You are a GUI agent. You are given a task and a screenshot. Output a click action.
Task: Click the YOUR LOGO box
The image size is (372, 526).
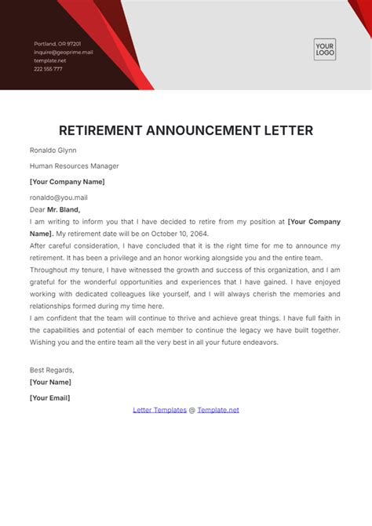[x=324, y=50]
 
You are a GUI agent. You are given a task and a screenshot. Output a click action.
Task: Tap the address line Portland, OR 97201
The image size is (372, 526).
[x=57, y=43]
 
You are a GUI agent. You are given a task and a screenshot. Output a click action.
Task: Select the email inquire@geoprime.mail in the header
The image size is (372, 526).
[x=64, y=52]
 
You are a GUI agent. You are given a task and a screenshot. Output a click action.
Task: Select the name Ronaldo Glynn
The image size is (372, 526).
[x=53, y=150]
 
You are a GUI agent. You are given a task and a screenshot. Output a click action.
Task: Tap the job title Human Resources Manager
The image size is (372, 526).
[x=75, y=166]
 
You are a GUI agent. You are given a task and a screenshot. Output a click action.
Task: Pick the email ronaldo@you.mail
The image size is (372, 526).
[x=59, y=198]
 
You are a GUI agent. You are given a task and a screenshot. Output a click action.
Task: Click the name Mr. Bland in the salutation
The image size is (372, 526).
[x=64, y=209]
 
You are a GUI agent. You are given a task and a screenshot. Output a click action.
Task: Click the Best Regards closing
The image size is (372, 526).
[x=52, y=369]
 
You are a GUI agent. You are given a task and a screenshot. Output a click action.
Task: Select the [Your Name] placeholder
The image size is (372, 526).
[x=50, y=382]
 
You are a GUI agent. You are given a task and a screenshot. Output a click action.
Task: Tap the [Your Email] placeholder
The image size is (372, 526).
[x=49, y=397]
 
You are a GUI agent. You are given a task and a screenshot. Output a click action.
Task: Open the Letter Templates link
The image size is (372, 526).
[x=159, y=409]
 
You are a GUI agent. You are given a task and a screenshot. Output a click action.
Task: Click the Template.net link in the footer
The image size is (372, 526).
[x=218, y=409]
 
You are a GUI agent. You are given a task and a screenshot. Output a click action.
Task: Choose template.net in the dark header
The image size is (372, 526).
[x=50, y=60]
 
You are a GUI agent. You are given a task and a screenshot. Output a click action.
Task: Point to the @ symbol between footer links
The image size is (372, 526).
[x=192, y=409]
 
